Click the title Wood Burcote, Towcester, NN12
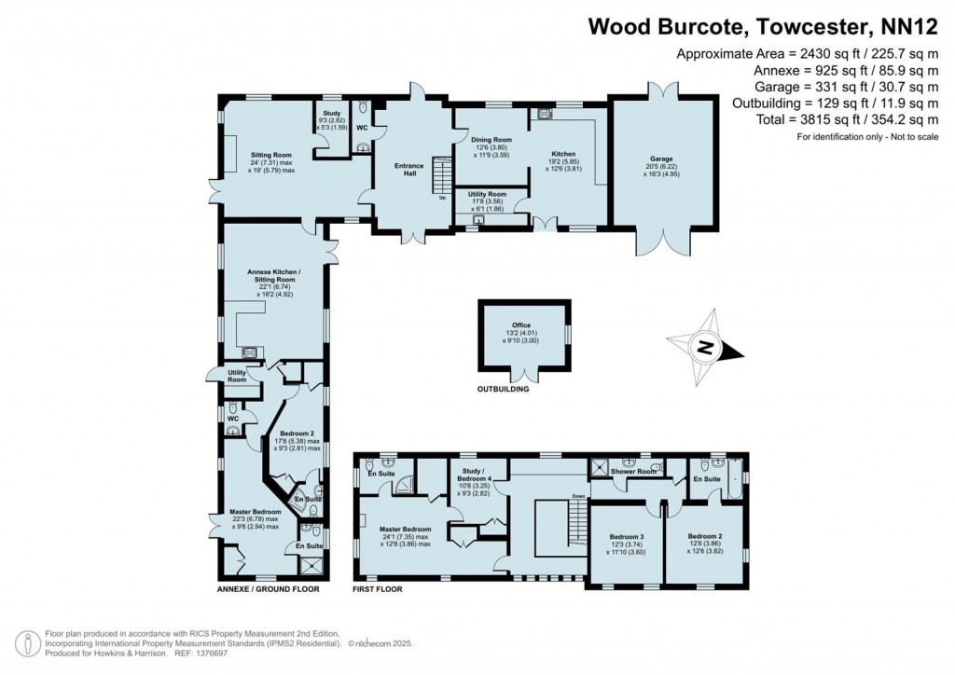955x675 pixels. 762,25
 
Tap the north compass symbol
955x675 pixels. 707,351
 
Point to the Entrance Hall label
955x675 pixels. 408,169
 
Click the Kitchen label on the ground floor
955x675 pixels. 562,154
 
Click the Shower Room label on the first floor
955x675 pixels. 632,472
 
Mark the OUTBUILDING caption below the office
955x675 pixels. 503,390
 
